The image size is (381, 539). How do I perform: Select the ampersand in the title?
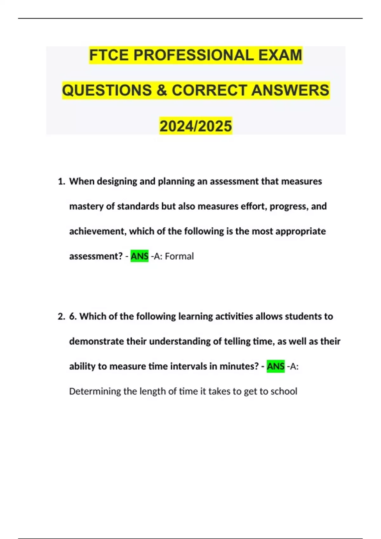pos(162,90)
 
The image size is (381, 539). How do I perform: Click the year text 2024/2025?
pos(196,126)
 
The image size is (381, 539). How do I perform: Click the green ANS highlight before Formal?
pos(139,256)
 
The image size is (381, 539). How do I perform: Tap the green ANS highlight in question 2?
pos(276,367)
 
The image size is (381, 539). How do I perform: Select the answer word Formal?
pos(179,256)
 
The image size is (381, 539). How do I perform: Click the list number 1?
pos(61,182)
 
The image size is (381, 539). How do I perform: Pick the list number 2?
pos(61,317)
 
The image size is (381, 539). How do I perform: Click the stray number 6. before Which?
pos(73,317)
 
